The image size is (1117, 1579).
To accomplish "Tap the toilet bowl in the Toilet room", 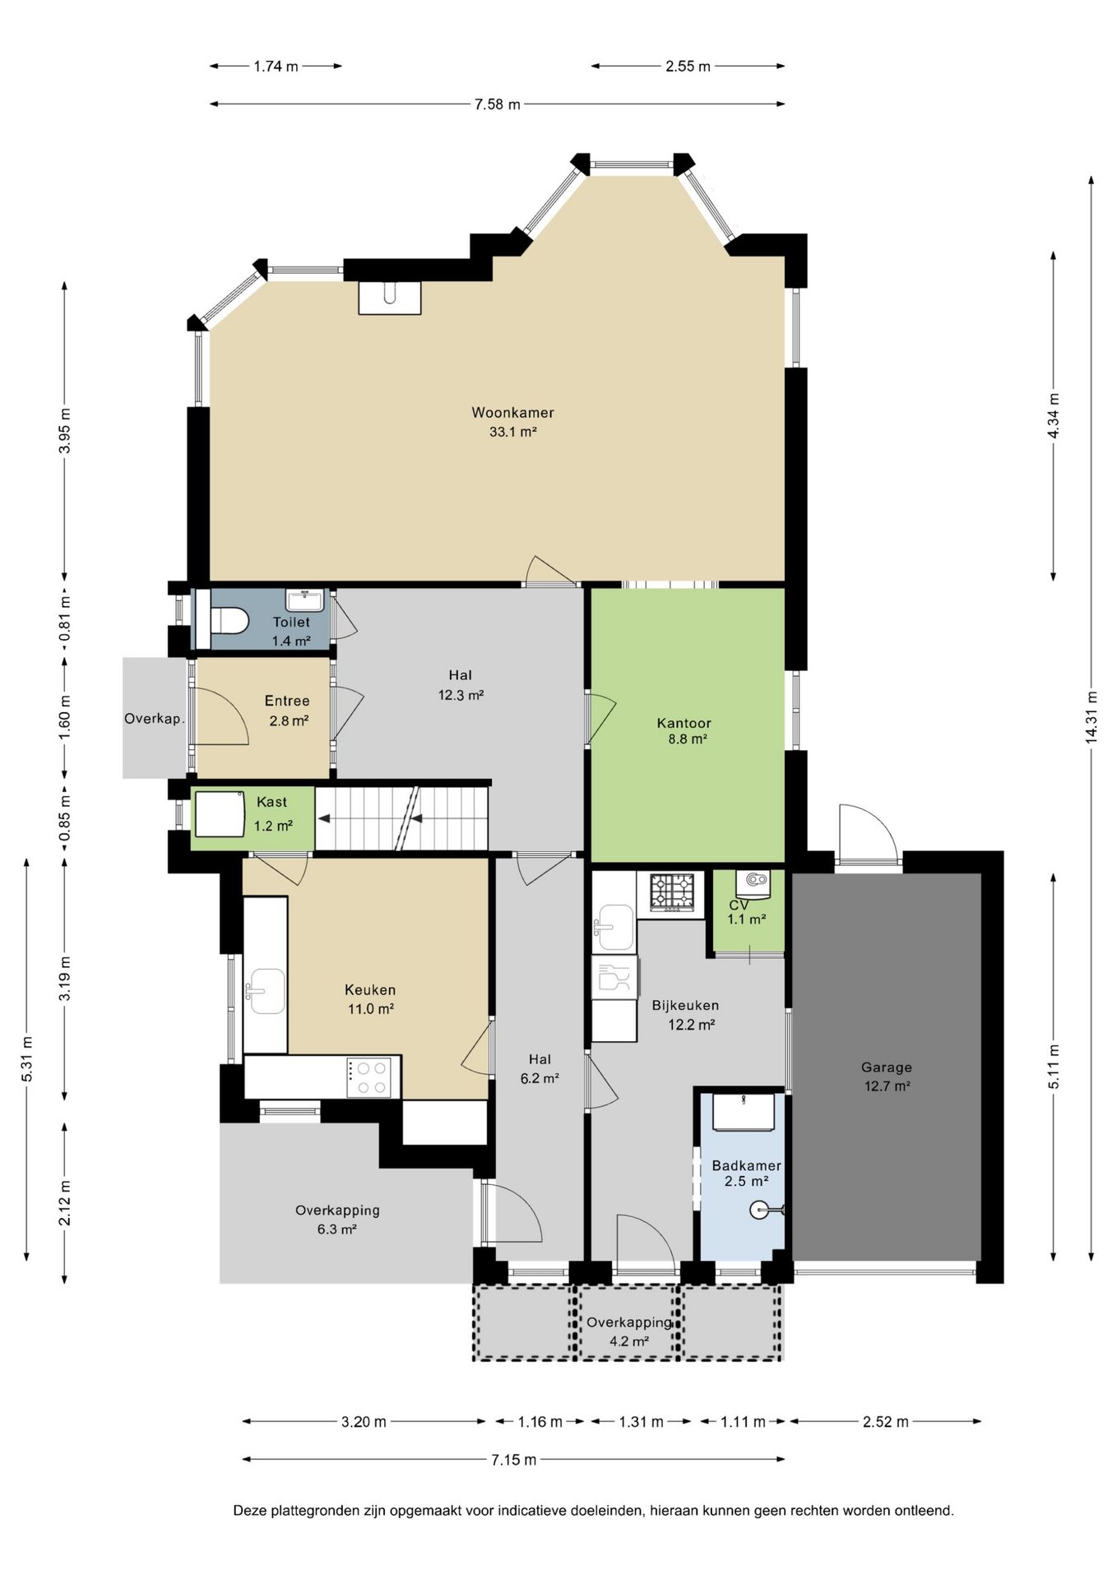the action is [x=229, y=621].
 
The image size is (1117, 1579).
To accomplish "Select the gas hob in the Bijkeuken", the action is [x=673, y=892].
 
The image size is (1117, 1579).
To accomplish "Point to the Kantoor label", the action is [x=684, y=723].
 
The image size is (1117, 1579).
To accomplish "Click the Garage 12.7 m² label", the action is [x=887, y=1077].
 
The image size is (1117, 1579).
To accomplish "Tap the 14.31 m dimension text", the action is [x=1092, y=717].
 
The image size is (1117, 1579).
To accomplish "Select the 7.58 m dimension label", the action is [x=497, y=104].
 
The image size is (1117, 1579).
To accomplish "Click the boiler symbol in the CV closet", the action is [x=753, y=883].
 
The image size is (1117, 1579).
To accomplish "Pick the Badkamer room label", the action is [x=747, y=1165].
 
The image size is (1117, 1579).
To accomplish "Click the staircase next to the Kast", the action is [x=402, y=818].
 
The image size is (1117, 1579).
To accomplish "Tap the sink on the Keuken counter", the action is [x=266, y=991].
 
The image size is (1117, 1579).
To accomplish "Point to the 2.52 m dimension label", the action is [x=886, y=1422].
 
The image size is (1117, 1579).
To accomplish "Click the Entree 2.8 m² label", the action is [x=287, y=711].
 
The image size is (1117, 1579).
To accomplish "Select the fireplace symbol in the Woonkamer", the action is [x=390, y=298].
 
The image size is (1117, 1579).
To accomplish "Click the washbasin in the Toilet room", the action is [x=305, y=600].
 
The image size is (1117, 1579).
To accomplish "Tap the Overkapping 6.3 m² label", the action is [x=337, y=1220].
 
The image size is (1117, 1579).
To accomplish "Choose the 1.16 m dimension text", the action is [x=540, y=1422].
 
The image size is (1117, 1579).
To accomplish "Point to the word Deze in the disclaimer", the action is [x=248, y=1511].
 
